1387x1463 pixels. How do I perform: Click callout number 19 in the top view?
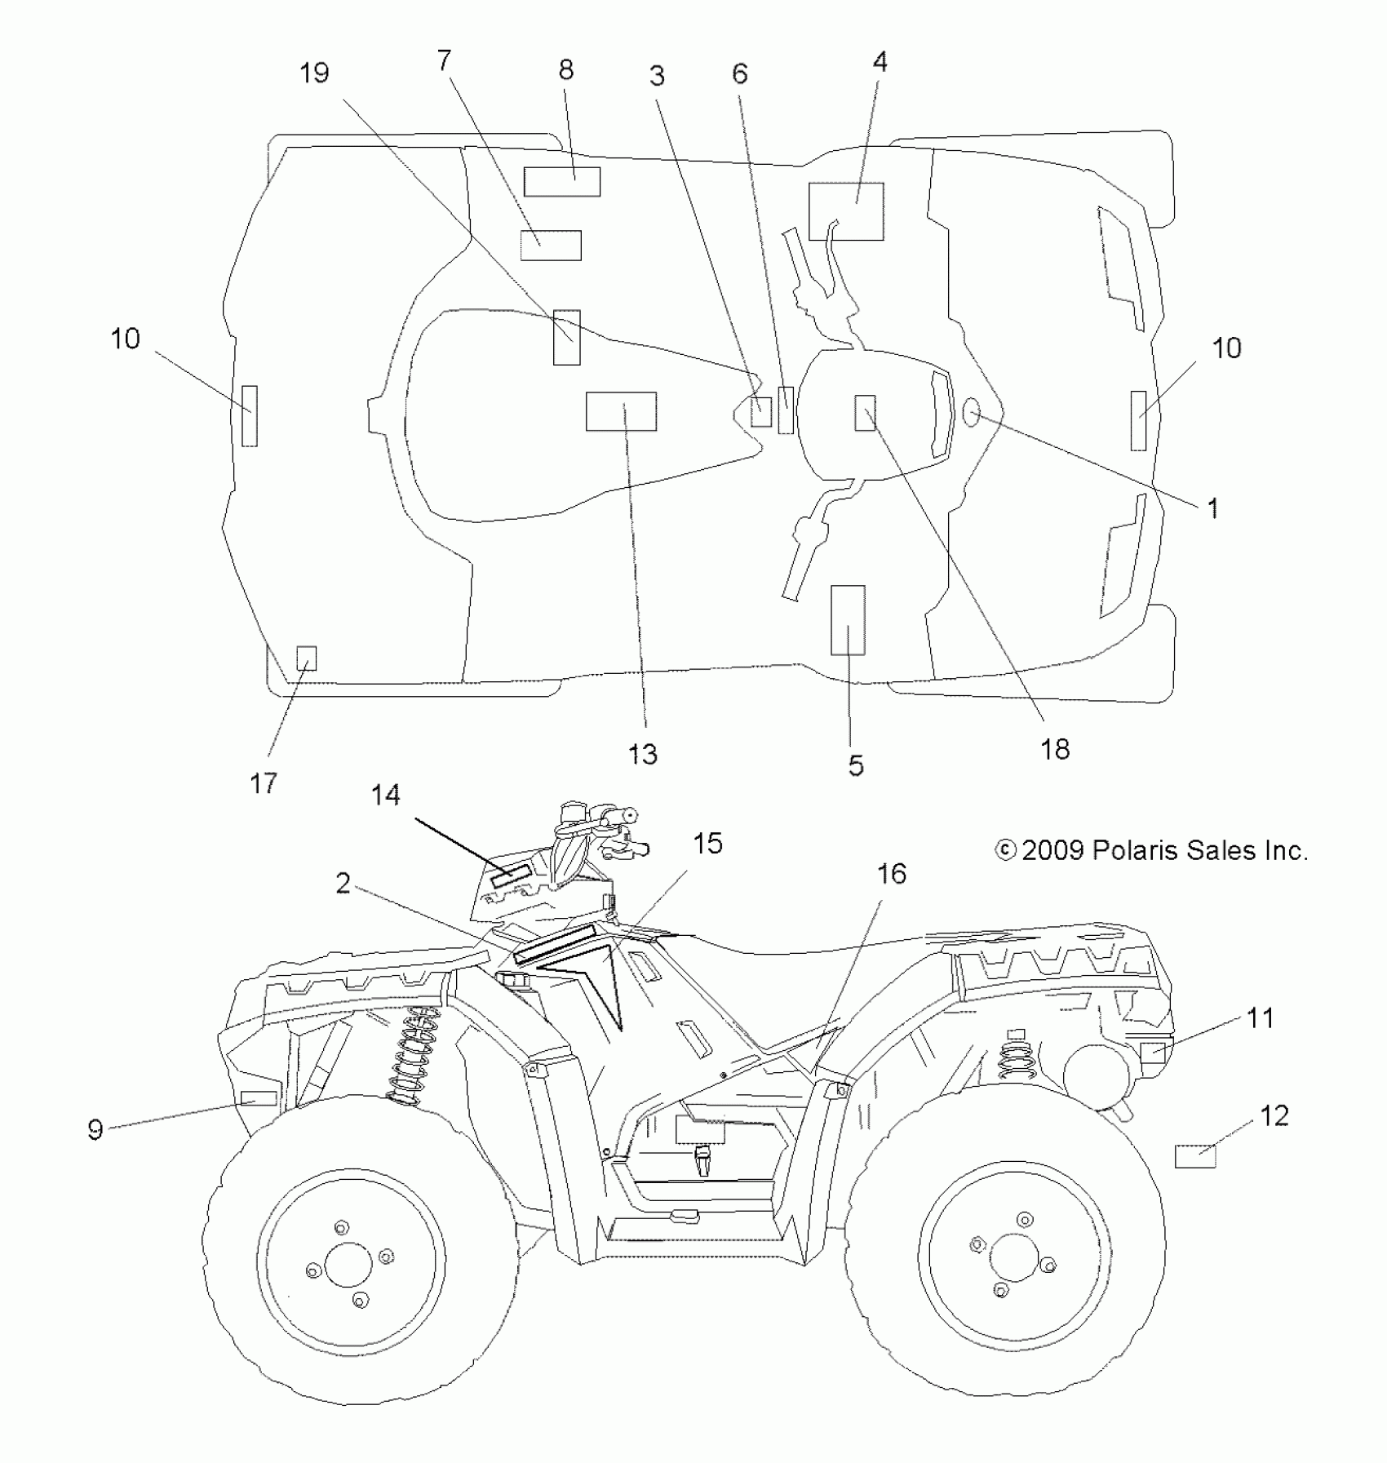[x=314, y=73]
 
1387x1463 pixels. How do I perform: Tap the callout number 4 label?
[x=880, y=62]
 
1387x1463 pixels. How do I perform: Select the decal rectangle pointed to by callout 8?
[x=562, y=182]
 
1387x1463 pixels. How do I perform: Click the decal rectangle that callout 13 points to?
[x=621, y=411]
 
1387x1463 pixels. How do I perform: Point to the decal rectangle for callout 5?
[x=848, y=620]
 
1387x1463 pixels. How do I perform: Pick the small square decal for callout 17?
[x=306, y=658]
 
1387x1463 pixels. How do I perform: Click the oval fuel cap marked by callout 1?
[x=971, y=414]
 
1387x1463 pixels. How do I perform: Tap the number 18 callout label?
[x=1055, y=749]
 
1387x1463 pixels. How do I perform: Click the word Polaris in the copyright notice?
[x=1135, y=851]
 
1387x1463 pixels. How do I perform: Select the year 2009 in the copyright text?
[x=1053, y=851]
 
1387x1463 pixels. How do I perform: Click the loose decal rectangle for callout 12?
[x=1195, y=1156]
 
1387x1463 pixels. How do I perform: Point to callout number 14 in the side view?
[x=386, y=795]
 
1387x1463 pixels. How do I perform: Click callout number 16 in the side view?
[x=892, y=874]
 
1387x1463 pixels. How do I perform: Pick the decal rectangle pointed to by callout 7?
[x=551, y=245]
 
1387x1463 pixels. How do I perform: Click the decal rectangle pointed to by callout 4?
[x=846, y=211]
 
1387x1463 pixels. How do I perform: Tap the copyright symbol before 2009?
[x=1005, y=851]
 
